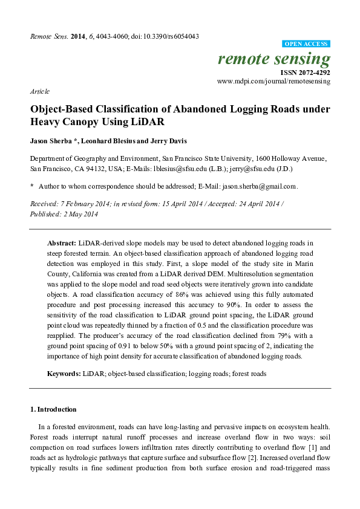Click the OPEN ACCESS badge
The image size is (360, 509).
[x=306, y=44]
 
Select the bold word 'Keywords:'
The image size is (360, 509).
[x=64, y=374]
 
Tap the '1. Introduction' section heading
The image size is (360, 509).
[x=53, y=409]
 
